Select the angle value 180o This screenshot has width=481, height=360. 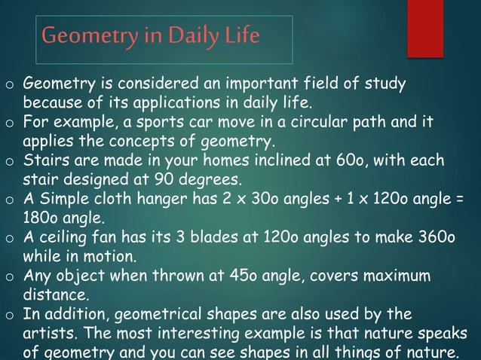(42, 219)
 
